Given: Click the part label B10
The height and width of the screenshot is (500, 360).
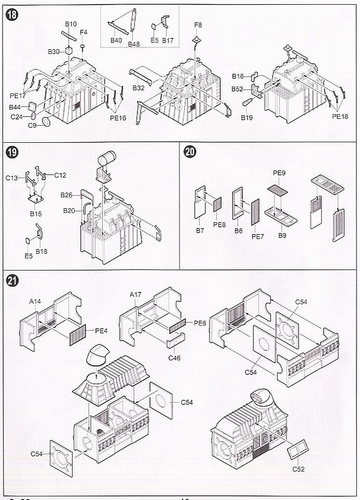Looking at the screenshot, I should pos(71,24).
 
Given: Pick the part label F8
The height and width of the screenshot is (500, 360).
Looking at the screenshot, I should pos(198,25).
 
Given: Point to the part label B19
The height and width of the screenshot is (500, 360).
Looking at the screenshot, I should pos(246,118).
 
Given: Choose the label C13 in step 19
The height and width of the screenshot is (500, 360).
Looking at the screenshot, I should pos(12,178).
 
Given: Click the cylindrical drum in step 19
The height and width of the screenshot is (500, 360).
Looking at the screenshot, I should pos(108,157).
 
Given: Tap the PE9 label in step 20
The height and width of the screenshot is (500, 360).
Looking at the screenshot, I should pos(279,172).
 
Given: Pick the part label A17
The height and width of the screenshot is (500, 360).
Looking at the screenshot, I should pos(135,295).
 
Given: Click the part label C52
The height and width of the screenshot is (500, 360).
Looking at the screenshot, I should pos(298,469).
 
